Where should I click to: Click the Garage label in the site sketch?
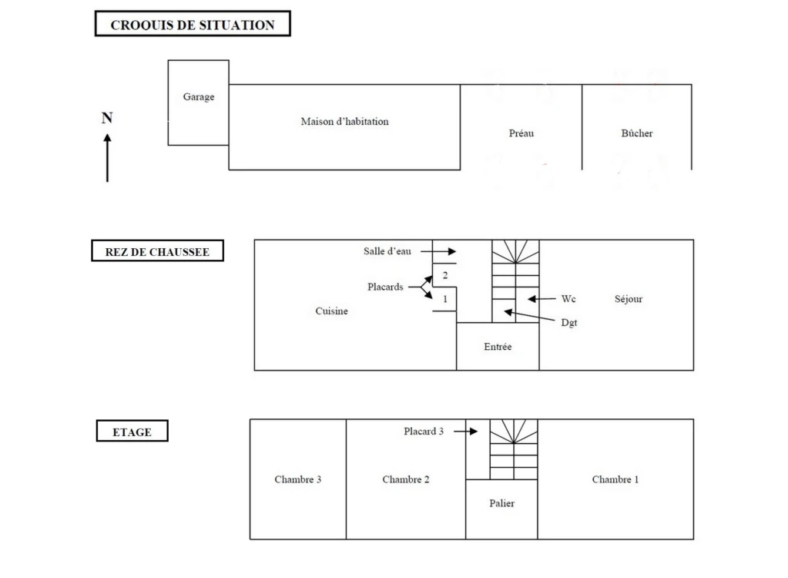coord(199,96)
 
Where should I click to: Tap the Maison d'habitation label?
coord(345,121)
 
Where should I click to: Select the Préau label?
coord(521,133)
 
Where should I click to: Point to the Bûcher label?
coord(637,133)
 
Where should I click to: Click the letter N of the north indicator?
coord(107,118)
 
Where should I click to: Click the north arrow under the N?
coord(107,158)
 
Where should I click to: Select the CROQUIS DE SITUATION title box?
coord(193,24)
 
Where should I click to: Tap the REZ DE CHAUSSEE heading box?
coord(157,250)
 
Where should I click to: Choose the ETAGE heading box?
coord(132,431)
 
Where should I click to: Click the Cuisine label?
coord(332,311)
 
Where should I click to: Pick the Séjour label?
coord(629,299)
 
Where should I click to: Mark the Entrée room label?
coord(498,346)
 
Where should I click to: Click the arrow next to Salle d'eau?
coord(438,251)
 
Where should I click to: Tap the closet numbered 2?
coord(444,275)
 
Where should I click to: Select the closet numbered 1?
coord(444,299)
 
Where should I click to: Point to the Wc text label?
coord(568,299)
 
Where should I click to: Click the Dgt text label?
coord(569,323)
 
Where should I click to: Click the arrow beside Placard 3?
coord(466,432)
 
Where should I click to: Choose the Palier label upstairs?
coord(502,503)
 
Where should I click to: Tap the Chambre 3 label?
coord(298,479)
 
